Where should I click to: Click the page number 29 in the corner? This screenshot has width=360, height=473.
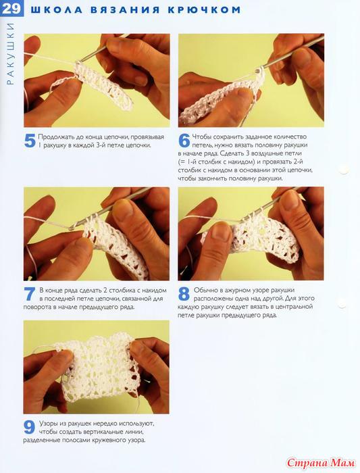click(11, 8)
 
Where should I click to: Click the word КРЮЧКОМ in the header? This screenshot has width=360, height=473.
click(204, 9)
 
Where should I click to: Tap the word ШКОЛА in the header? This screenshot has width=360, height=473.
click(56, 9)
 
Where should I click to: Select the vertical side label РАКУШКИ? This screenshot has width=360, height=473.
click(11, 53)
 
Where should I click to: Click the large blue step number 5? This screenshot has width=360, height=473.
click(30, 141)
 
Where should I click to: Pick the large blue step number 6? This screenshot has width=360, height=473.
click(184, 141)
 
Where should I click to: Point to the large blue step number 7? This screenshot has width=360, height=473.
click(30, 294)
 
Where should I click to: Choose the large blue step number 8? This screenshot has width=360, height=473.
click(184, 294)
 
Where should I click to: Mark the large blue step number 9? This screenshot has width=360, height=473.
click(30, 427)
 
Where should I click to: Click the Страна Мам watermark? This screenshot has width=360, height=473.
click(321, 462)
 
